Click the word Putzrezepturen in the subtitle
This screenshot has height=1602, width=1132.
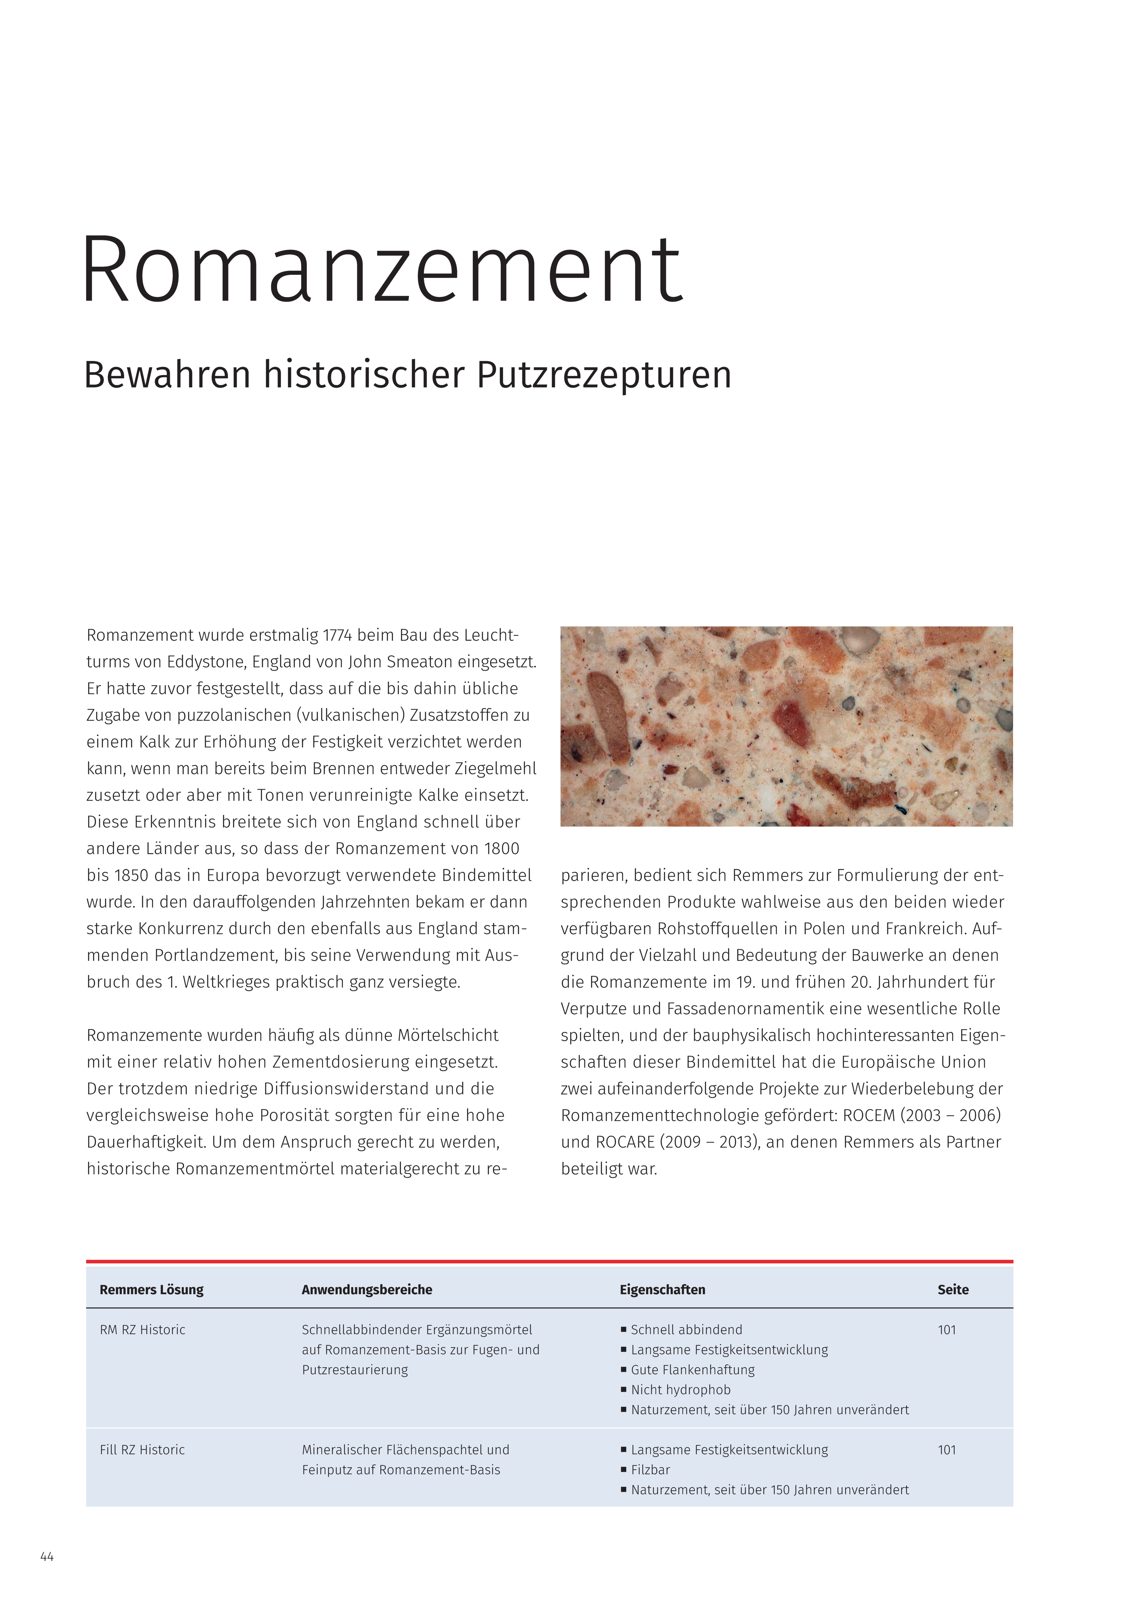[x=604, y=375]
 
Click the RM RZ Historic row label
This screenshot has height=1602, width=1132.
[x=142, y=1330]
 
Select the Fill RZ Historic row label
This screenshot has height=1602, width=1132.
[x=142, y=1450]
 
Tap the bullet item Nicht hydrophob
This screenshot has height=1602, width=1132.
[x=680, y=1390]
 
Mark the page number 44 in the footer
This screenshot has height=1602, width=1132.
[x=47, y=1557]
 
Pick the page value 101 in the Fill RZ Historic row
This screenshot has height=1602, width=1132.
[x=946, y=1450]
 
